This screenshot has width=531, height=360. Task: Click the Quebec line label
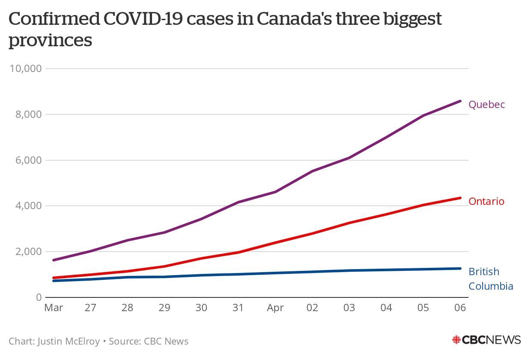pyautogui.click(x=486, y=105)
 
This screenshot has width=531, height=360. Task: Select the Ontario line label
pyautogui.click(x=486, y=201)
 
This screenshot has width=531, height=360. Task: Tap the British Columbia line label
pyautogui.click(x=490, y=279)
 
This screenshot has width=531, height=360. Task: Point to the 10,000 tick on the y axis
pyautogui.click(x=25, y=69)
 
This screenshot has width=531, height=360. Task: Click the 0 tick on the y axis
pyautogui.click(x=39, y=297)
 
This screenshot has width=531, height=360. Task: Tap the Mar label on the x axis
pyautogui.click(x=54, y=308)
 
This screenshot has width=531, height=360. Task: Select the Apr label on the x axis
pyautogui.click(x=275, y=308)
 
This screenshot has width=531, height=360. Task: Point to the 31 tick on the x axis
pyautogui.click(x=238, y=308)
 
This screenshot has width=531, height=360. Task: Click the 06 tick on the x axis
pyautogui.click(x=460, y=308)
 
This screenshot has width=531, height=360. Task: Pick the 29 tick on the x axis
pyautogui.click(x=164, y=308)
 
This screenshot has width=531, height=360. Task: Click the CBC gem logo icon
pyautogui.click(x=456, y=340)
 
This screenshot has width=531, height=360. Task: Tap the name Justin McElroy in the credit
pyautogui.click(x=69, y=342)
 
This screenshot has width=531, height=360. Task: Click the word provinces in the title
pyautogui.click(x=50, y=41)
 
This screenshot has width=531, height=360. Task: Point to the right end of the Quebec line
pyautogui.click(x=460, y=101)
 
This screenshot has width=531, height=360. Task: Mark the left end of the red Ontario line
pyautogui.click(x=54, y=278)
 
